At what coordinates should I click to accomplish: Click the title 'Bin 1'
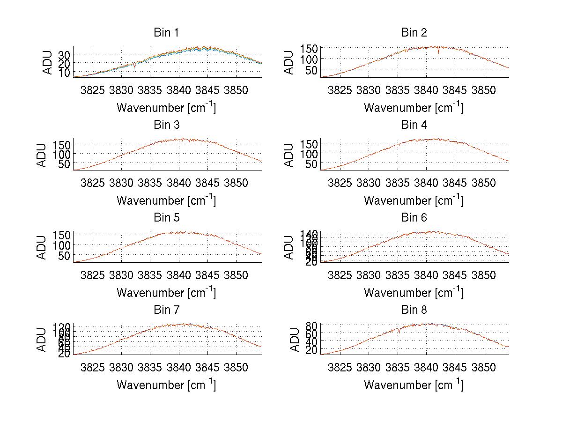tap(166, 33)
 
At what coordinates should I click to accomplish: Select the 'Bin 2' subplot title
tap(414, 33)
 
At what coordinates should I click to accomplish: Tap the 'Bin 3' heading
tap(166, 125)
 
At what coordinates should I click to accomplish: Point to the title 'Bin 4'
tap(414, 125)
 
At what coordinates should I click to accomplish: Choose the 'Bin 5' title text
tap(166, 218)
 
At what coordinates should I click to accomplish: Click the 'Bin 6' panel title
tap(414, 218)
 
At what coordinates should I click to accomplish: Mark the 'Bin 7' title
tap(166, 310)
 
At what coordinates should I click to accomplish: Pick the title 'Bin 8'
tap(414, 310)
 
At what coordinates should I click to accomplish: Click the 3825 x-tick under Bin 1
tap(93, 90)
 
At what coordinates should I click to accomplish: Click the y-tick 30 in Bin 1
tap(65, 55)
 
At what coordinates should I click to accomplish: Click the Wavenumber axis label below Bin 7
tap(166, 385)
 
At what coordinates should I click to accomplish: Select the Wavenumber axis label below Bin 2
tap(414, 108)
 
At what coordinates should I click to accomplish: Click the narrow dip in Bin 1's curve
tap(135, 67)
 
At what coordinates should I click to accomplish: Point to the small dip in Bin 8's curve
tap(399, 331)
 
